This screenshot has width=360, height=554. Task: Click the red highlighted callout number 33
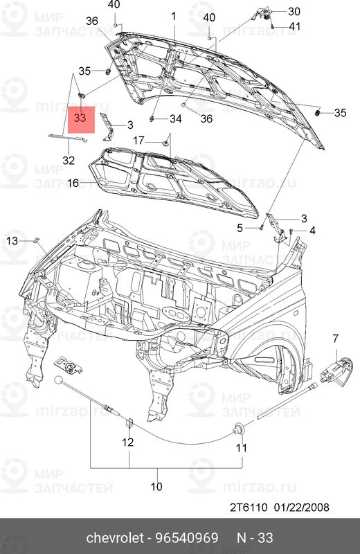(x=80, y=118)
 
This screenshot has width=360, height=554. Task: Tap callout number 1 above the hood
(x=174, y=15)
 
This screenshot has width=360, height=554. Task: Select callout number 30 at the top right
(x=294, y=11)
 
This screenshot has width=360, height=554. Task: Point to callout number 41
(x=295, y=26)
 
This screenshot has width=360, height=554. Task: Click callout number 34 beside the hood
(x=175, y=118)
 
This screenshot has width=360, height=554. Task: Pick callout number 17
(x=138, y=139)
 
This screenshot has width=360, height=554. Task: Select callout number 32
(x=68, y=160)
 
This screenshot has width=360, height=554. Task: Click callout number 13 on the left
(x=12, y=240)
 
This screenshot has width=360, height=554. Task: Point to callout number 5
(x=240, y=227)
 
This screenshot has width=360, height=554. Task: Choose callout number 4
(x=312, y=230)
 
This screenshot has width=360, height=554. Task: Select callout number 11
(x=241, y=448)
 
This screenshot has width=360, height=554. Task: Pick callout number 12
(x=128, y=442)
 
